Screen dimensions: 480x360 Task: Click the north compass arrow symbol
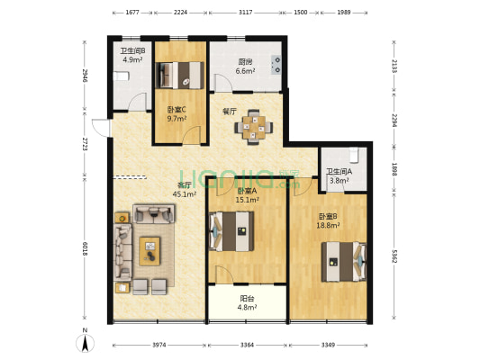click(x=85, y=342)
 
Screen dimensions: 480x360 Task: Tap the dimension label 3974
click(x=159, y=345)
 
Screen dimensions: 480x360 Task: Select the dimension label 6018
click(x=85, y=249)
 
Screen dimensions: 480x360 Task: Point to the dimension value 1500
click(x=300, y=13)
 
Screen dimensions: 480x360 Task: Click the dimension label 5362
click(x=394, y=256)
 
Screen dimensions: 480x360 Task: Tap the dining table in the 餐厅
click(x=253, y=127)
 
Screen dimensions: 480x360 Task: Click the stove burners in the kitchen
click(x=276, y=65)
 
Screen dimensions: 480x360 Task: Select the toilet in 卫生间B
click(x=122, y=76)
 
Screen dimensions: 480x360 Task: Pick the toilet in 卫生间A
click(x=354, y=155)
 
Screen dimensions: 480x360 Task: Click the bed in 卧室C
click(x=180, y=76)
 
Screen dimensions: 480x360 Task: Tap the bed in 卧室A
click(x=231, y=231)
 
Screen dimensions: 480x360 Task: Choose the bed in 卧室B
click(x=343, y=262)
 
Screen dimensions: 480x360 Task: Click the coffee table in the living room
click(x=149, y=251)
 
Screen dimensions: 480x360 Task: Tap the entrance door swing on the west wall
click(x=101, y=128)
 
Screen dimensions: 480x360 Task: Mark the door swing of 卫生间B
click(x=137, y=101)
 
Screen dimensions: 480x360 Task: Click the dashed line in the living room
click(x=130, y=176)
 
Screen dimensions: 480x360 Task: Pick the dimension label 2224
click(x=180, y=13)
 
